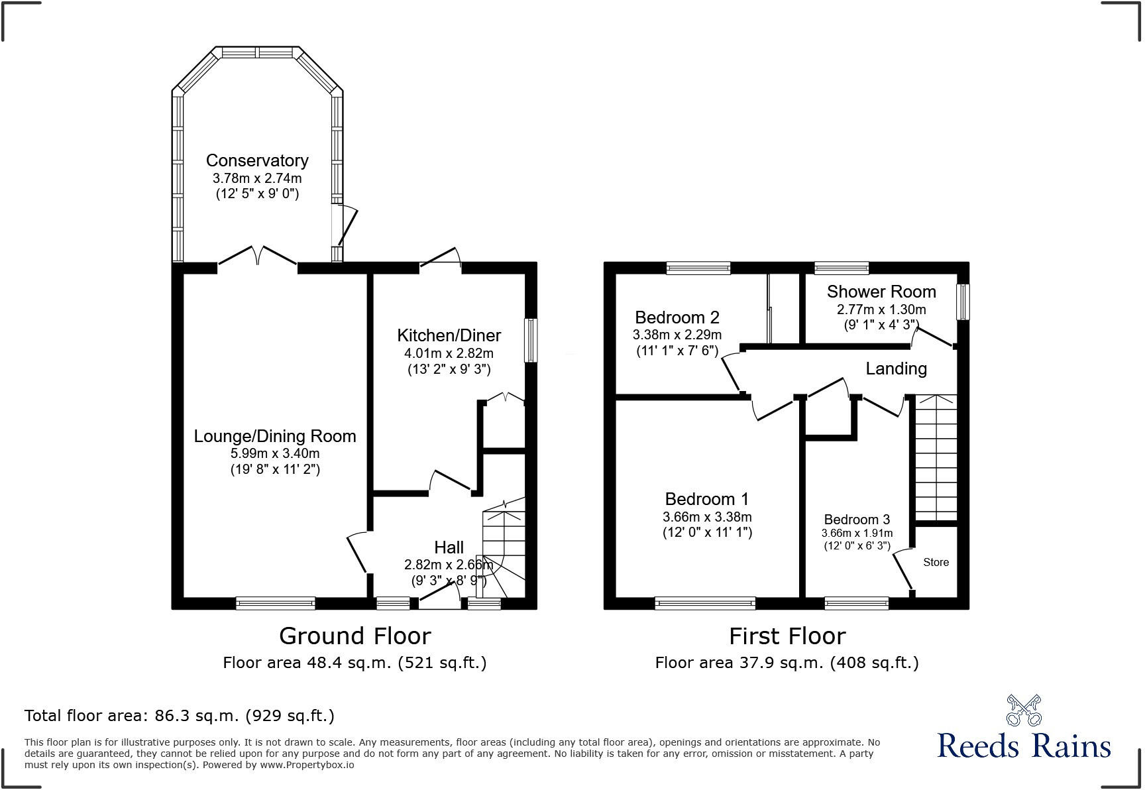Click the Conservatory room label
pos(257,160)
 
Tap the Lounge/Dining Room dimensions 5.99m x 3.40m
pos(275,454)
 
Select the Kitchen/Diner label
pos(449,335)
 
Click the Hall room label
pos(449,547)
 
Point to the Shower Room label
pos(881,292)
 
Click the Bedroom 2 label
pos(677,317)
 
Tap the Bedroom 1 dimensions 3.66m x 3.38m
pos(707,517)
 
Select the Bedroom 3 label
pos(856,520)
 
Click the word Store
pos(936,562)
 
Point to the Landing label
pos(896,368)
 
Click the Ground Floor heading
pos(354,636)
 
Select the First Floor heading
pos(787,636)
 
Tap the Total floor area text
pos(179,716)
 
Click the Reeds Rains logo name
pos(1024,746)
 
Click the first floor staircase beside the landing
pos(936,457)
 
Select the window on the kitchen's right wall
pos(530,341)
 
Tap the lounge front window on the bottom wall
pos(275,603)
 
